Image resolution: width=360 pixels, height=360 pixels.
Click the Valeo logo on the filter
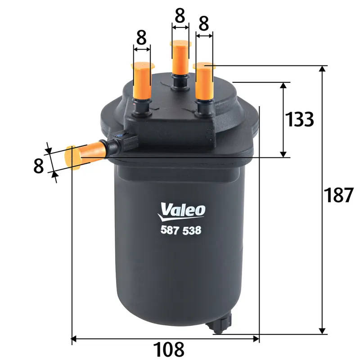click(183, 209)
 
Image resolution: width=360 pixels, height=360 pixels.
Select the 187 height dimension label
click(338, 195)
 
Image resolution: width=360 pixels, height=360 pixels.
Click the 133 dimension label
click(300, 120)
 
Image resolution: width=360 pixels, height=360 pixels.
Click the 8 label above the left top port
click(141, 39)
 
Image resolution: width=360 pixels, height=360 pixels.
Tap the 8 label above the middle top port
click(180, 17)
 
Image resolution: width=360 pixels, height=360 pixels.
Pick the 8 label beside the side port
click(39, 165)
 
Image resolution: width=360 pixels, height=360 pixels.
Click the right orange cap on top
click(205, 81)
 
